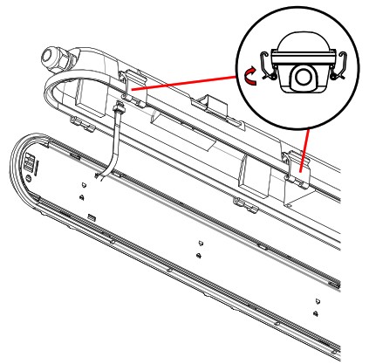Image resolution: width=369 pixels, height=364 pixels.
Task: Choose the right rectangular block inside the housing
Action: [x=262, y=182]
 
